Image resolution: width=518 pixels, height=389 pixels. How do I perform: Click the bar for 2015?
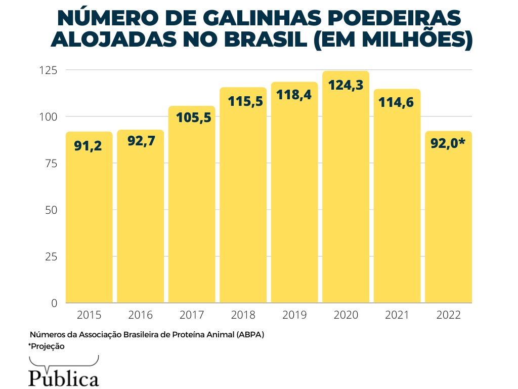89,218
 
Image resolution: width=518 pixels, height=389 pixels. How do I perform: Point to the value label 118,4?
294,95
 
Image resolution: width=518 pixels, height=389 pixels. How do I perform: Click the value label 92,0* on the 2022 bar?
448,143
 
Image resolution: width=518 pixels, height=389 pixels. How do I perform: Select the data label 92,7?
140,141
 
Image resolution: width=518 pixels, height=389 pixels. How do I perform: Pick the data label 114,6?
397,102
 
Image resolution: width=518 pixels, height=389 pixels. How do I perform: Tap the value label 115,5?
243,101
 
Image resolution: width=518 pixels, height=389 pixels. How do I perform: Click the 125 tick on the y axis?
49,70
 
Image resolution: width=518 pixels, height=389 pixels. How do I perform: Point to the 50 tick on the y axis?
51,210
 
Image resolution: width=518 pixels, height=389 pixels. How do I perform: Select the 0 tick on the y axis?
54,303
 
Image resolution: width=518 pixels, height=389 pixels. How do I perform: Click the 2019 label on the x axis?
294,315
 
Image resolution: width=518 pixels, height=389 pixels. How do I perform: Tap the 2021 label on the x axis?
397,315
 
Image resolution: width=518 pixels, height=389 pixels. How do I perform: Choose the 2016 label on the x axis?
140,315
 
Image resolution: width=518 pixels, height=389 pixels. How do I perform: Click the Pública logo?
64,377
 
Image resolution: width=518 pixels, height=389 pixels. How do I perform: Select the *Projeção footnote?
47,346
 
